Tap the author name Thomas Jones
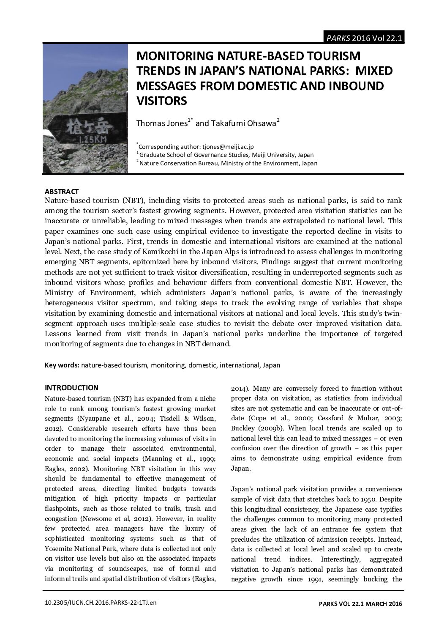click(161, 123)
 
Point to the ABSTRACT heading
click(62, 192)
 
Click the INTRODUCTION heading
click(71, 388)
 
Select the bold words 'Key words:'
click(62, 365)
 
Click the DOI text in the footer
click(101, 603)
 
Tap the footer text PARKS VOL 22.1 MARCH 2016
click(360, 603)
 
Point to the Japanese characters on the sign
click(86, 126)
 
